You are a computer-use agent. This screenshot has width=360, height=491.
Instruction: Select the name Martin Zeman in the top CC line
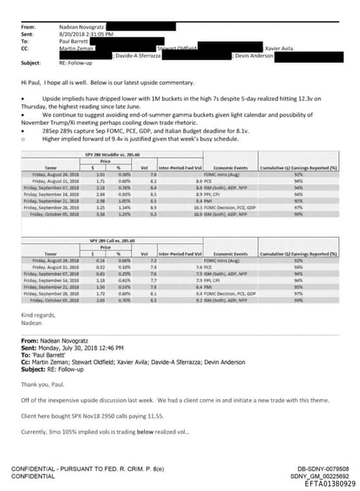(x=77, y=46)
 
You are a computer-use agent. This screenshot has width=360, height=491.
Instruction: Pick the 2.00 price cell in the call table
(x=100, y=300)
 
